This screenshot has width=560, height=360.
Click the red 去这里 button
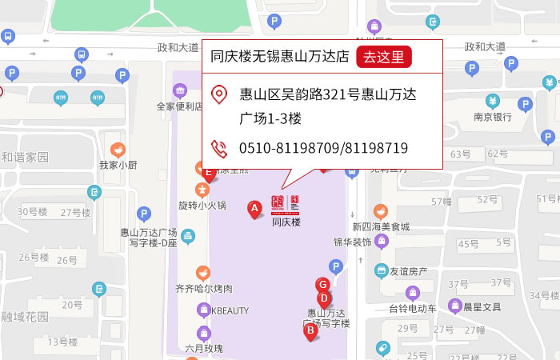(x=384, y=57)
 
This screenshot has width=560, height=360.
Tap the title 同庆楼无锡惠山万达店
(x=279, y=57)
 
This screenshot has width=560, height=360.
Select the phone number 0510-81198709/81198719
(x=323, y=148)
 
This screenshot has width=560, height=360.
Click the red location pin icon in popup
(x=218, y=95)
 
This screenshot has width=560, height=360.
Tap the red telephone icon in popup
(x=218, y=148)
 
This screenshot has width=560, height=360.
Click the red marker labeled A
(x=254, y=210)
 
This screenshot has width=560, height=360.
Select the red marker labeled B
(x=310, y=330)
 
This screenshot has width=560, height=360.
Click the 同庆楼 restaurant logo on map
(x=285, y=205)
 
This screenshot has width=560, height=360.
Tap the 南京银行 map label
(x=492, y=116)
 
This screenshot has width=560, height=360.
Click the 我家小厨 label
(x=118, y=165)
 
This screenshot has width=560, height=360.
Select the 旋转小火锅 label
(x=202, y=205)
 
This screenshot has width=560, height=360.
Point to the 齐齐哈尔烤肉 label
(x=203, y=288)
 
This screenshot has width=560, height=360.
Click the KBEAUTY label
(x=230, y=310)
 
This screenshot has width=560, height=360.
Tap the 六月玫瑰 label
(x=203, y=348)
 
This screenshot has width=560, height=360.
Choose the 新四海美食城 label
(x=381, y=226)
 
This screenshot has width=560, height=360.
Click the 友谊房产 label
(x=408, y=271)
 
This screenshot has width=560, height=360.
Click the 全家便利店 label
(x=179, y=106)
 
